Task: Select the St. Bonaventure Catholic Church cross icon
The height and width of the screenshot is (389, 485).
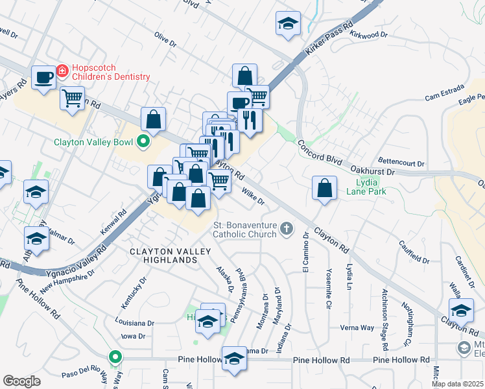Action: coord(287,228)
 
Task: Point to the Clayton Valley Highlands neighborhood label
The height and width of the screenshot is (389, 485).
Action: coord(162,255)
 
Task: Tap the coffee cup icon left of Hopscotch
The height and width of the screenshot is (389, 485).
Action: coord(44,78)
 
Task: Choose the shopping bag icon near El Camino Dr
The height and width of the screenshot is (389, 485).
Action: coord(324,188)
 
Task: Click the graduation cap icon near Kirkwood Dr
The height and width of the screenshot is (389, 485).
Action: coord(287,23)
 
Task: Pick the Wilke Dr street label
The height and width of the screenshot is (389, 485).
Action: coord(252,196)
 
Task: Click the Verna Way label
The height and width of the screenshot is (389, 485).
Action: coord(358,327)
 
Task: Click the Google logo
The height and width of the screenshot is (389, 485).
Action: coord(21,381)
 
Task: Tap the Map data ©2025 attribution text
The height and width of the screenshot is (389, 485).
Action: coord(457,384)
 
